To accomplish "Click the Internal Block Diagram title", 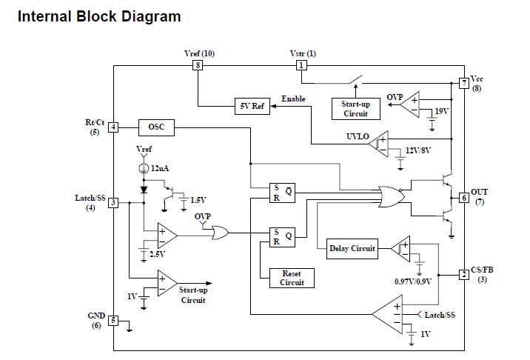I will [x=98, y=16].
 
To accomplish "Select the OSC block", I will [x=156, y=127].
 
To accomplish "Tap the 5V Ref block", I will [x=252, y=106].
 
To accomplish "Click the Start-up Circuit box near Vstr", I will [x=355, y=109].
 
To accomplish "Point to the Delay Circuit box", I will [x=352, y=249].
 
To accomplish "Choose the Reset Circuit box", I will [x=292, y=278].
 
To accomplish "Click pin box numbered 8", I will [x=198, y=65].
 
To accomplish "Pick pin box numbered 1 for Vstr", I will [x=301, y=65].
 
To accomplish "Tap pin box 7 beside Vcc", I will [x=464, y=83].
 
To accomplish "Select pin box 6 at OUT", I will [x=464, y=197].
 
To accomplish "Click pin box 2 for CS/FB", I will [x=464, y=275].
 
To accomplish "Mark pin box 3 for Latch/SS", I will [x=113, y=203].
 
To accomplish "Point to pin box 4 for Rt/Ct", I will [x=113, y=127].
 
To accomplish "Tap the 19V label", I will [x=443, y=111].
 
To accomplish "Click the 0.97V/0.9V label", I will [x=413, y=281].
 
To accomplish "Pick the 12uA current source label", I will [x=160, y=169].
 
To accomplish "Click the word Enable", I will [x=293, y=99].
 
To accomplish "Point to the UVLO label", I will [x=358, y=136].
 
